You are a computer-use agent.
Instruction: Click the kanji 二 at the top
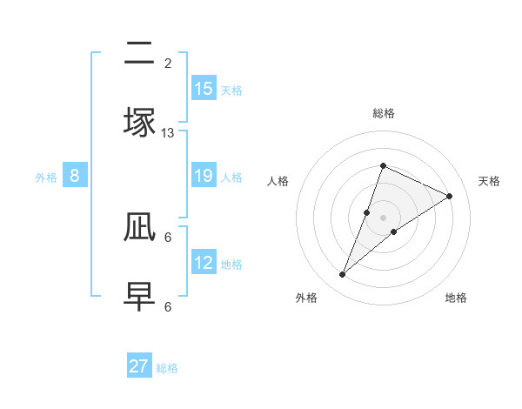(139, 54)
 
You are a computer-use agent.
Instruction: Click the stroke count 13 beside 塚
(168, 133)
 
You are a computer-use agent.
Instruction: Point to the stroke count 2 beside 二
(168, 64)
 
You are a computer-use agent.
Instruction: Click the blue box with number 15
(204, 89)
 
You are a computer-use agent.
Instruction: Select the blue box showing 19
(204, 176)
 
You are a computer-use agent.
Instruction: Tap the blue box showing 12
(204, 263)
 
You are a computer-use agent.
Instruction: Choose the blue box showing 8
(75, 176)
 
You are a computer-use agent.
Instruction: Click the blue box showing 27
(139, 366)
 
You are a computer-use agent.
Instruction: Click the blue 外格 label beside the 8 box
(46, 177)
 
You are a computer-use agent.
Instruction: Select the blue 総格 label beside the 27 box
(167, 368)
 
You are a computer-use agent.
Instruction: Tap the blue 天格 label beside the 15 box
(231, 90)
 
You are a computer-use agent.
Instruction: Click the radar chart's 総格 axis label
(383, 113)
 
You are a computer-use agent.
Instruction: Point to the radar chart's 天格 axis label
(489, 181)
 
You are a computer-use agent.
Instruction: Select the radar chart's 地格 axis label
(456, 298)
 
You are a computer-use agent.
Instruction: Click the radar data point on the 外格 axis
(343, 275)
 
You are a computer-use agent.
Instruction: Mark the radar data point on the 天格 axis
(450, 196)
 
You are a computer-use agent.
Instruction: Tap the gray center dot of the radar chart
(383, 218)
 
